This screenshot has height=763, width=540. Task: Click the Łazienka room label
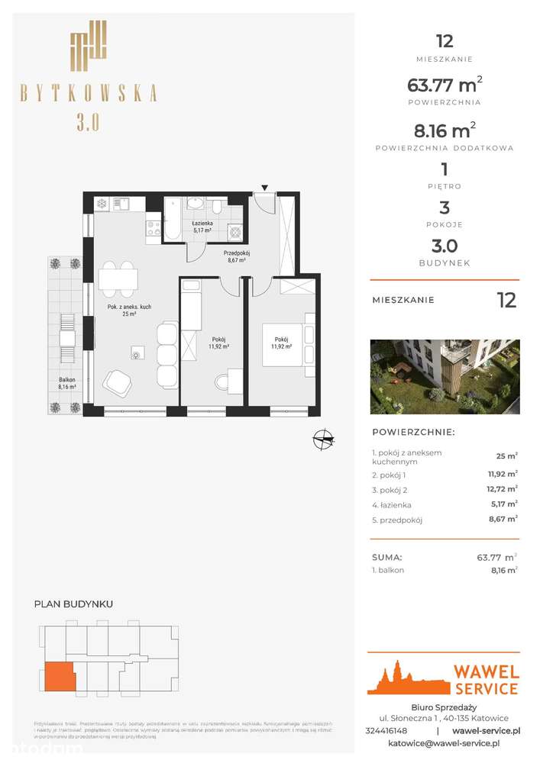click(202, 224)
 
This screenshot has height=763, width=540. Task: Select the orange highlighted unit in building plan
click(58, 677)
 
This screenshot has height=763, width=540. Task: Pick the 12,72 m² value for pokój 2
click(501, 488)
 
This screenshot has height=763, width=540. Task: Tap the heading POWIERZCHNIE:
click(412, 432)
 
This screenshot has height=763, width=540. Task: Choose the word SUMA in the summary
click(387, 558)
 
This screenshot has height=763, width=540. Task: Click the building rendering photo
click(445, 377)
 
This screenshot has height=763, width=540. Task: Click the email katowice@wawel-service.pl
click(444, 742)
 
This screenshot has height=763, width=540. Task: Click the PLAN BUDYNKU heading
click(74, 604)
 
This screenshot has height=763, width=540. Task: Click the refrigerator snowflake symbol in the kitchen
click(100, 204)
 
